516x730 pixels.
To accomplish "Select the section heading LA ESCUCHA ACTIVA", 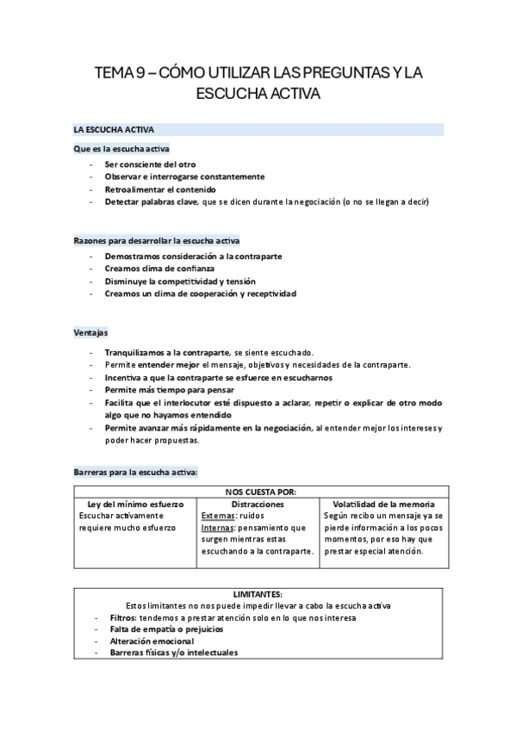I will pyautogui.click(x=114, y=130).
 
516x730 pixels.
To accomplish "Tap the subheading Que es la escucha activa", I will pyautogui.click(x=121, y=149).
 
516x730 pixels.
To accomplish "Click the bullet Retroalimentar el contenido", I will pyautogui.click(x=160, y=189).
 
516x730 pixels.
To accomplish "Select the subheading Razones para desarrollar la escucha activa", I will pyautogui.click(x=157, y=241).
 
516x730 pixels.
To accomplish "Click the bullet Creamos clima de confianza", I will pyautogui.click(x=159, y=269).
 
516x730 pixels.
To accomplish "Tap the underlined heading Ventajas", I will pyautogui.click(x=90, y=332).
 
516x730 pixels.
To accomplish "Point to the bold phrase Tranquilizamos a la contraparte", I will pyautogui.click(x=166, y=353).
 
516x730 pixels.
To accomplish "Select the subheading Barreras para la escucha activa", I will pyautogui.click(x=136, y=471).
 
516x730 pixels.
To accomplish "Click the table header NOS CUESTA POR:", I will pyautogui.click(x=260, y=492).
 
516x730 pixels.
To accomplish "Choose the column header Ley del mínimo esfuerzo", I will pyautogui.click(x=134, y=504).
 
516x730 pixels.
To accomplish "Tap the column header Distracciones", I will pyautogui.click(x=258, y=504).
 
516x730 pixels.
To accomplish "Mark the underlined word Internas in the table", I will pyautogui.click(x=215, y=528).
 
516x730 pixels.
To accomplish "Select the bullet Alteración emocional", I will pyautogui.click(x=152, y=641).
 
